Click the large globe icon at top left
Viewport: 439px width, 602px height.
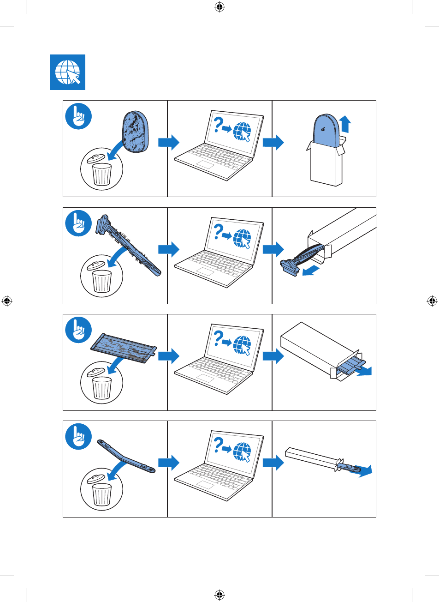(x=67, y=72)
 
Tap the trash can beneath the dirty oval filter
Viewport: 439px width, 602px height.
(x=102, y=174)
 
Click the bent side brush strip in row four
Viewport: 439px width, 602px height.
(x=125, y=456)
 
